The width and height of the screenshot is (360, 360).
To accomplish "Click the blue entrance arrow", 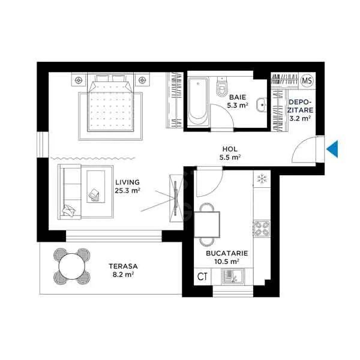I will [333, 148].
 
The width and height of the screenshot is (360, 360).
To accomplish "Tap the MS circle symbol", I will [307, 80].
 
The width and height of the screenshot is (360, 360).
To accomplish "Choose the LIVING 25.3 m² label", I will [127, 187].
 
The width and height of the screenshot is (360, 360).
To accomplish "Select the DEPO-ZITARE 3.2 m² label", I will [299, 110].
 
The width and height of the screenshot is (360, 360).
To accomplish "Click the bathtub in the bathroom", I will [197, 100].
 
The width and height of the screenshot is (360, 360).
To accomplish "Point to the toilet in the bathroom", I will [221, 87].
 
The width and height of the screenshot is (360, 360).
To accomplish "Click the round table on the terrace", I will [71, 266].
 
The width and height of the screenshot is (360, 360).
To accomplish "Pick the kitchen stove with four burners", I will [262, 229].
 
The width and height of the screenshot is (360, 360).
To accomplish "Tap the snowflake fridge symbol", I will [262, 179].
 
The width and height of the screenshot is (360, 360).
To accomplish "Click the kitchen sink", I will [230, 277].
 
